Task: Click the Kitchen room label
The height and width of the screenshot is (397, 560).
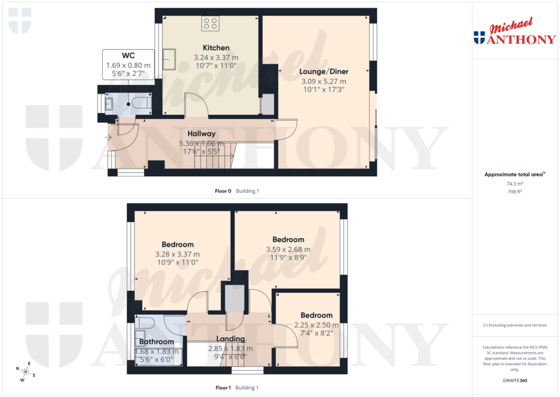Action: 216,48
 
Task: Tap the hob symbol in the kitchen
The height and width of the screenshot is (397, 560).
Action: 210,24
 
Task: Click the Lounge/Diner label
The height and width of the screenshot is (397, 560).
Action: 324,72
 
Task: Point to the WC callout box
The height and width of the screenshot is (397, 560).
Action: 128,65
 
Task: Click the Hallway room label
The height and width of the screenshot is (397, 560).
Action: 201,134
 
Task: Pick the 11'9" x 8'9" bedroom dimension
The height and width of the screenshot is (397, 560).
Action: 288,258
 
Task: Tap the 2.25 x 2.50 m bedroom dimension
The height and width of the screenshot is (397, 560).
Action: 316,325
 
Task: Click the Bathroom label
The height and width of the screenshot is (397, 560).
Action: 156,342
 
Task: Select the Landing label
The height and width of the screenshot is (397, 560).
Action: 230,339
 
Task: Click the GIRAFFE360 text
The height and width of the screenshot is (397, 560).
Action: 514,380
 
